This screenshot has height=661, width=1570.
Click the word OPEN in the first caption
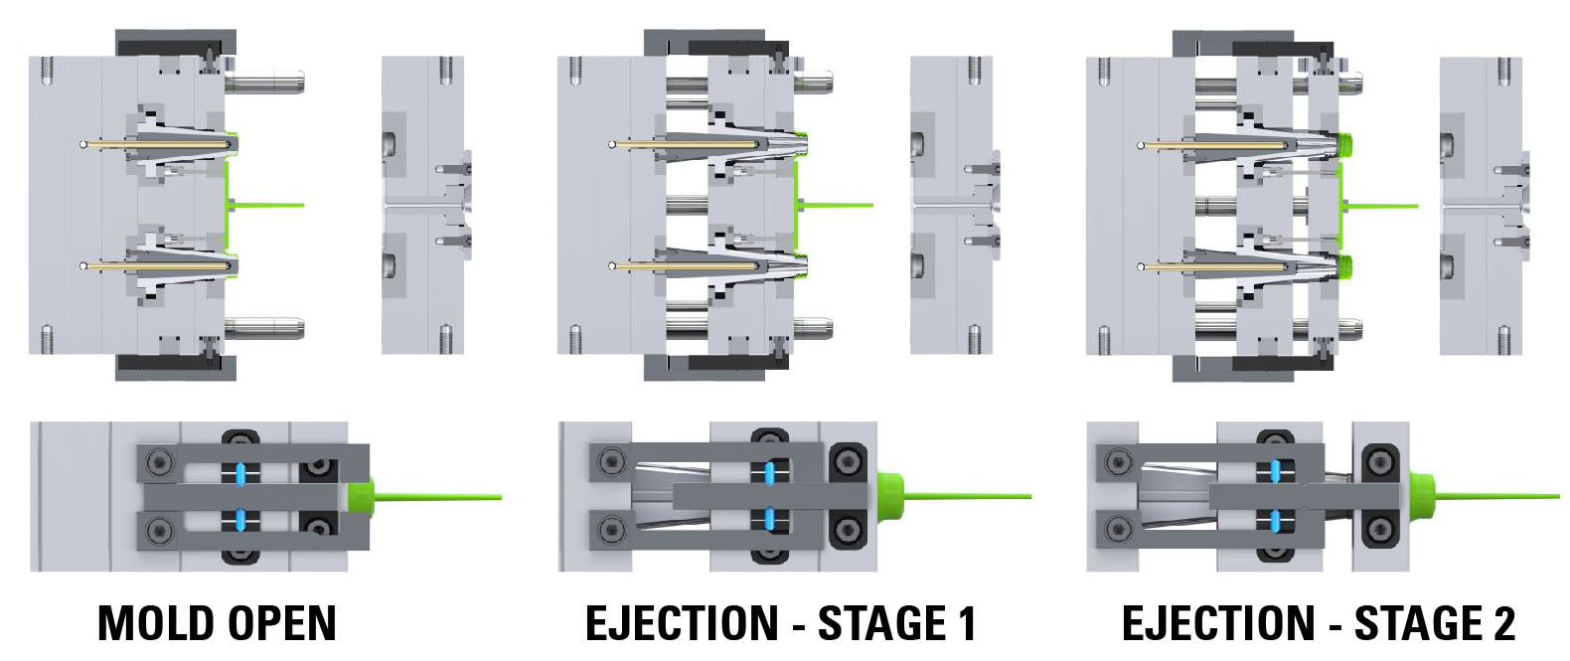283,624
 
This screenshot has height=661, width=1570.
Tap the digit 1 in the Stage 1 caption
966,624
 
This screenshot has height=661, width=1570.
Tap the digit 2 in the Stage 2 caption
1503,624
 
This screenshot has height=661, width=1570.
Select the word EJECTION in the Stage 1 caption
682,624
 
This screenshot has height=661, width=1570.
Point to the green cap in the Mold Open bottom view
360,495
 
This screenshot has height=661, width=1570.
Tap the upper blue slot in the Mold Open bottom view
239,472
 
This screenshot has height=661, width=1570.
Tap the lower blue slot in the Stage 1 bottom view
769,518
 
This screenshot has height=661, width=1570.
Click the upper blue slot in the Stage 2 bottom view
1276,472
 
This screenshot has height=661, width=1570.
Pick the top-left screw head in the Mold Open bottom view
158,463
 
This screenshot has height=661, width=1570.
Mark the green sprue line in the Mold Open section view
268,206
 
